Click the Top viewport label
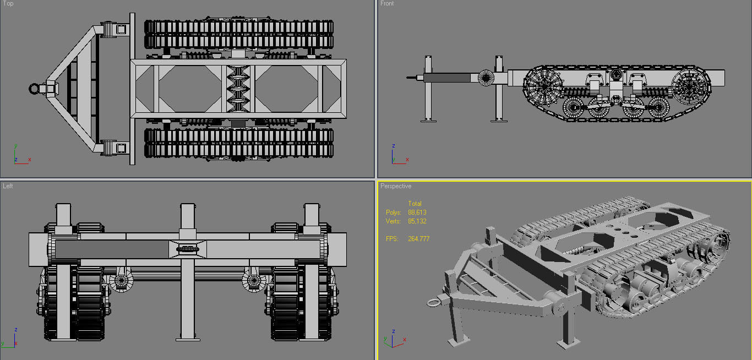[8, 4]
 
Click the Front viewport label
[387, 4]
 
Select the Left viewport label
[8, 186]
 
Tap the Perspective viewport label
[396, 186]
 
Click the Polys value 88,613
[417, 212]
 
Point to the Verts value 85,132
[417, 221]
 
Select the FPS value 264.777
[418, 239]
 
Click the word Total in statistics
[415, 204]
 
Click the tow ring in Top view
[36, 88]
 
